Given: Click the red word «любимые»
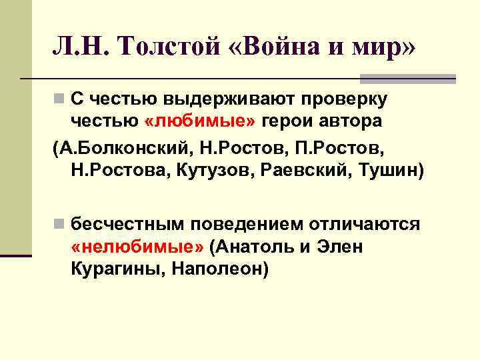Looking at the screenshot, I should pyautogui.click(x=201, y=121).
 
